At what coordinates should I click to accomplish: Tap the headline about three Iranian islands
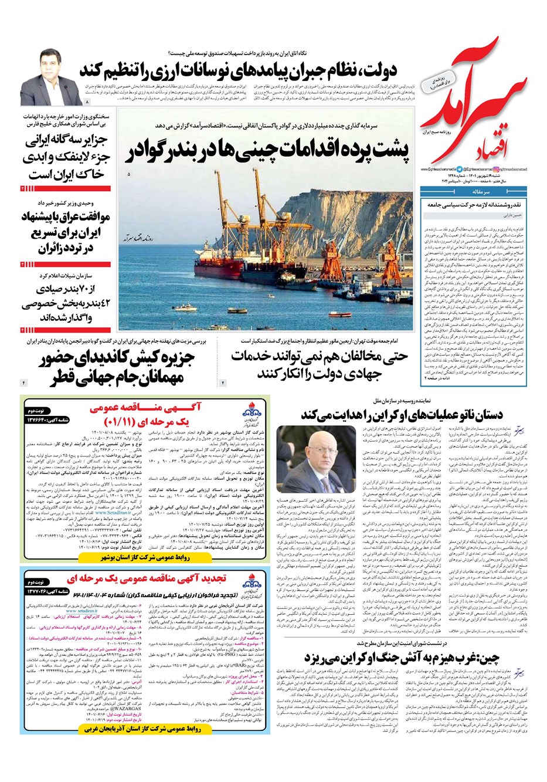pyautogui.click(x=64, y=158)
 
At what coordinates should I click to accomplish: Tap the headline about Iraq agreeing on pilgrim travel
pyautogui.click(x=64, y=232)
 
